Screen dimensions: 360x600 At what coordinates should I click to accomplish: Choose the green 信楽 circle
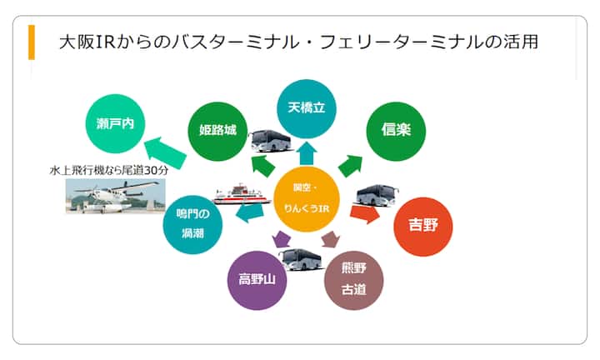[x=396, y=131]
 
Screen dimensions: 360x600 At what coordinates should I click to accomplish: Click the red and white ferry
[x=242, y=193]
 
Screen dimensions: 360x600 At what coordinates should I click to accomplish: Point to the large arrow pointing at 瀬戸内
[x=167, y=149]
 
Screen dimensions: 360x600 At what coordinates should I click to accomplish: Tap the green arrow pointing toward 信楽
[x=350, y=164]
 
